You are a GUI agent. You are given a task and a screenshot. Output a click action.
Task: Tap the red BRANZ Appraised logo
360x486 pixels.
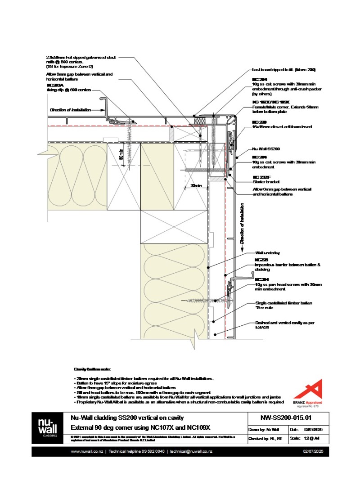pos(311,391)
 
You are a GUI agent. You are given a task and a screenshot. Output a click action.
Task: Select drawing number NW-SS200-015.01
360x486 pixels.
pos(279,418)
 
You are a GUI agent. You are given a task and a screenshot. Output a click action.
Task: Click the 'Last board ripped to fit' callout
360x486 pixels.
pos(283,70)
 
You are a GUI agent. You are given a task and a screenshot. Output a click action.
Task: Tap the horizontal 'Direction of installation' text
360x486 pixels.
pos(70,110)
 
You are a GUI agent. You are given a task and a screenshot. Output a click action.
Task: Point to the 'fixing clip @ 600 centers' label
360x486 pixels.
pos(69,90)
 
